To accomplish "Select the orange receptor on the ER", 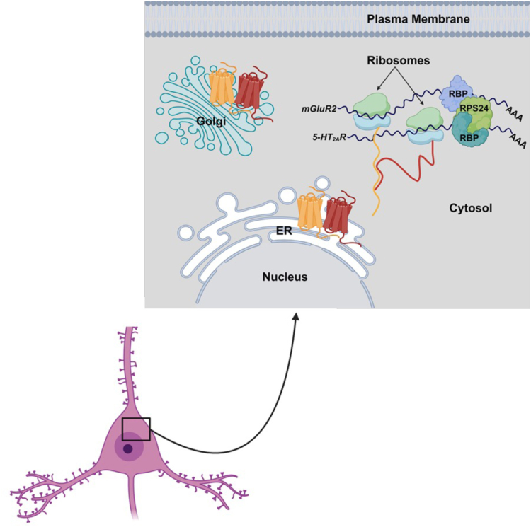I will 309,212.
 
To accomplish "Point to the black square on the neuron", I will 136,429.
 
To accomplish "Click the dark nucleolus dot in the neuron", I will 127,448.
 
